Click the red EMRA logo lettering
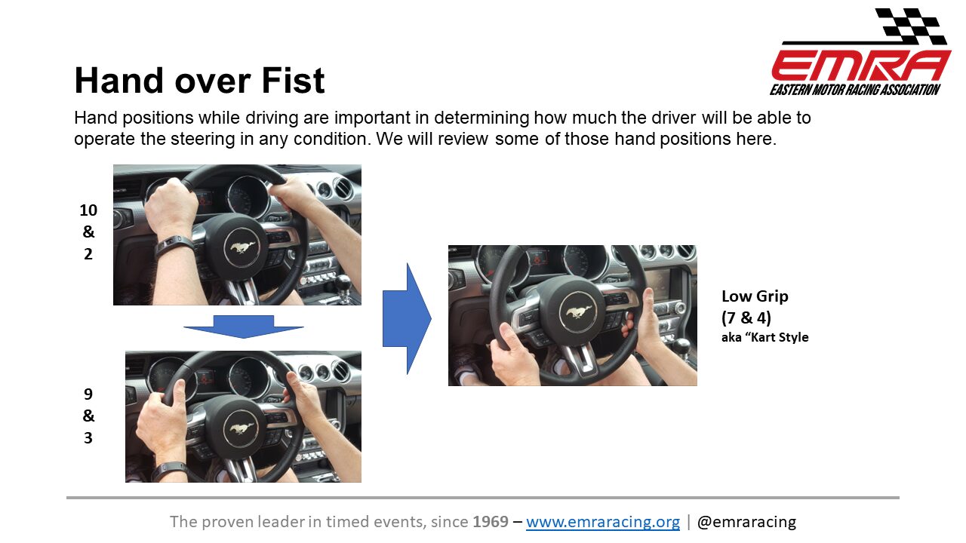861,66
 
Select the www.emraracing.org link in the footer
603,522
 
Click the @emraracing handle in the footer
746,522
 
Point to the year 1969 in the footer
491,521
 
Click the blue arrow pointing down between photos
244,327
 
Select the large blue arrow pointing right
407,318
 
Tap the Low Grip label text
755,296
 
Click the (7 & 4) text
746,318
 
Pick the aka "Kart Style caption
765,337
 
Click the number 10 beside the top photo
88,210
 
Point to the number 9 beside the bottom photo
88,394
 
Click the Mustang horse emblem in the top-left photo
242,247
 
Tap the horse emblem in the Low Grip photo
578,312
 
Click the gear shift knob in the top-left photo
343,282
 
